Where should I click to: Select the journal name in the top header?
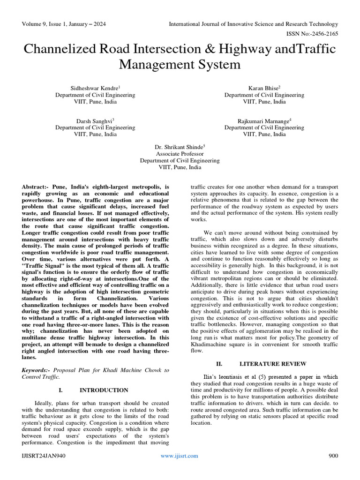[x=253, y=24]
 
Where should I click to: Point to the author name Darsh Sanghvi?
[x=94, y=121]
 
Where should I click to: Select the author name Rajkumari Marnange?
[x=262, y=121]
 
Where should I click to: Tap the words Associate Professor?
[x=180, y=154]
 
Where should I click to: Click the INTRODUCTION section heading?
[x=104, y=390]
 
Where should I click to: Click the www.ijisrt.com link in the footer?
[x=179, y=456]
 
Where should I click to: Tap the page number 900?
[x=332, y=456]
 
